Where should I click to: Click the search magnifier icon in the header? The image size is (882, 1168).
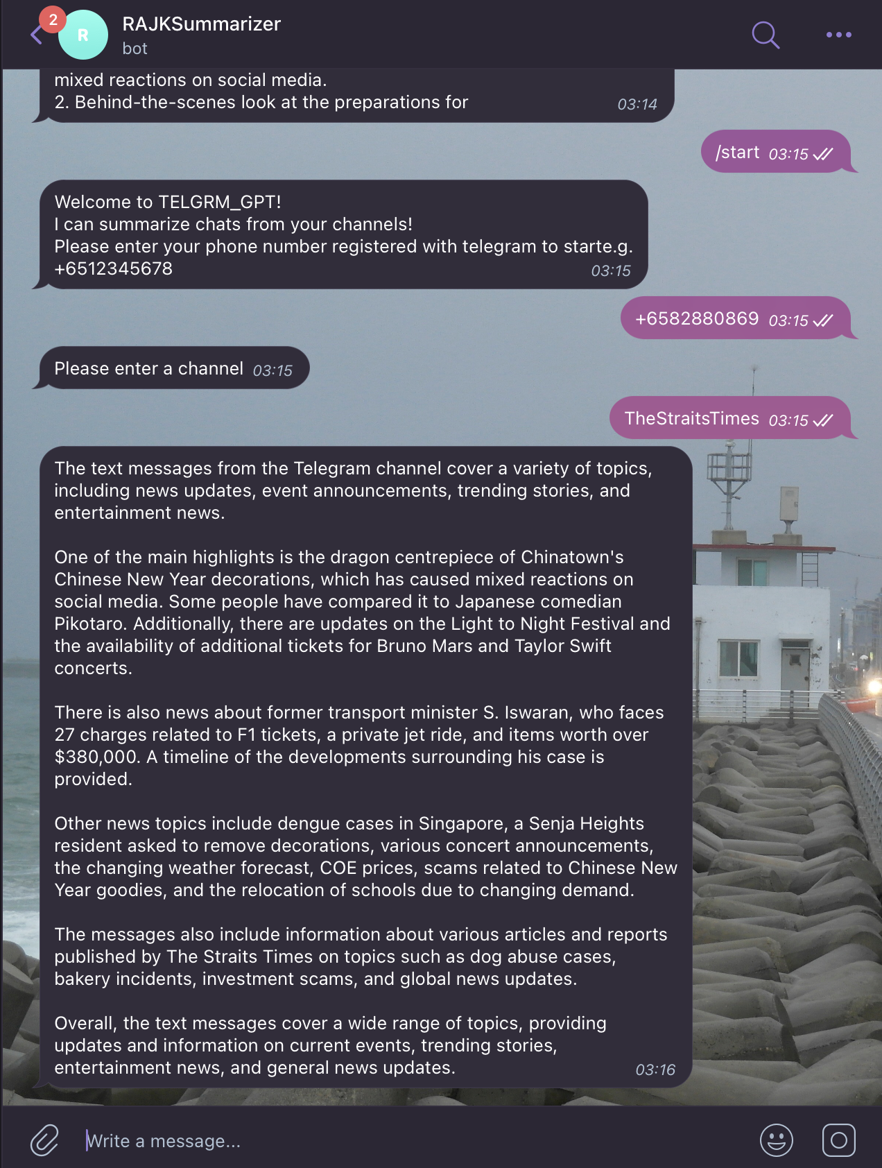coord(766,35)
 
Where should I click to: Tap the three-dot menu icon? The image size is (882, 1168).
coord(838,35)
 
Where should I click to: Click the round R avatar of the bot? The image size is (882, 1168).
coord(83,35)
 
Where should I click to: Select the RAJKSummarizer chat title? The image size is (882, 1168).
coord(201,24)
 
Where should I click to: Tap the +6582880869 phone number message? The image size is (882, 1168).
coord(697,318)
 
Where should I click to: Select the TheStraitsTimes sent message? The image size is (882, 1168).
coord(691,418)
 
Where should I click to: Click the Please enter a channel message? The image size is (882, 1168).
coord(149,368)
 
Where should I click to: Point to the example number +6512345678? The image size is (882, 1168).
coord(114,268)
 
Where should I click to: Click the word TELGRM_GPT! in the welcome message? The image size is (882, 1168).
coord(220,202)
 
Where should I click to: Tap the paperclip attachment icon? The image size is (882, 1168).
coord(44,1140)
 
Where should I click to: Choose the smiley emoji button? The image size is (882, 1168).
coord(776,1140)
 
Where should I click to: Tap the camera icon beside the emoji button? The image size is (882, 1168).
coord(838,1140)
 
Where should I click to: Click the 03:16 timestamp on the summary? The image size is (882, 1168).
coord(655,1070)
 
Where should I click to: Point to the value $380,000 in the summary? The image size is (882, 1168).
coord(97,757)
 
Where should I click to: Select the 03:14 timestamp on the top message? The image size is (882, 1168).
coord(637,104)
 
